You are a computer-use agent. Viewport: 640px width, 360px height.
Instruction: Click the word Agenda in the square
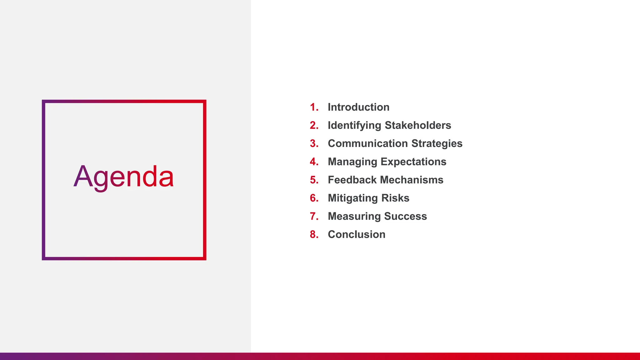124,177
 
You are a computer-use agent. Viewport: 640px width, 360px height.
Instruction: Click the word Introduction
358,107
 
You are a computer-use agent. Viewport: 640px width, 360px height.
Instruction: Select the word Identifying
354,126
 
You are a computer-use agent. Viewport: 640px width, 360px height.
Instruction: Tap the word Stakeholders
418,125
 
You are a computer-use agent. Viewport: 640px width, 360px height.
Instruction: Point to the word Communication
367,143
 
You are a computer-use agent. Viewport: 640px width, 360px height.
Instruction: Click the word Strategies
437,143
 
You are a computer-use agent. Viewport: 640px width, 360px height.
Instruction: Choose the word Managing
352,162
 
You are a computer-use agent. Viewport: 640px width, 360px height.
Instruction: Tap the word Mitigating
353,198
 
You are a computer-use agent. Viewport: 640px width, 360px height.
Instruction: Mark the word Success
405,216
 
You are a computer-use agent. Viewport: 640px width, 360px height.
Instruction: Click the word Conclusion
357,234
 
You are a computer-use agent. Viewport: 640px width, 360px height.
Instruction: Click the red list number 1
313,107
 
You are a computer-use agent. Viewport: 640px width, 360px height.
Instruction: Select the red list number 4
313,162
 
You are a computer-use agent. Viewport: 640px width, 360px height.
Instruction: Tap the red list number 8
313,234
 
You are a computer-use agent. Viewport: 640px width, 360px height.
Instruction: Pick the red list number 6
313,198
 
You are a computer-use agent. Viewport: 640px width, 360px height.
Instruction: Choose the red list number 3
313,143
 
